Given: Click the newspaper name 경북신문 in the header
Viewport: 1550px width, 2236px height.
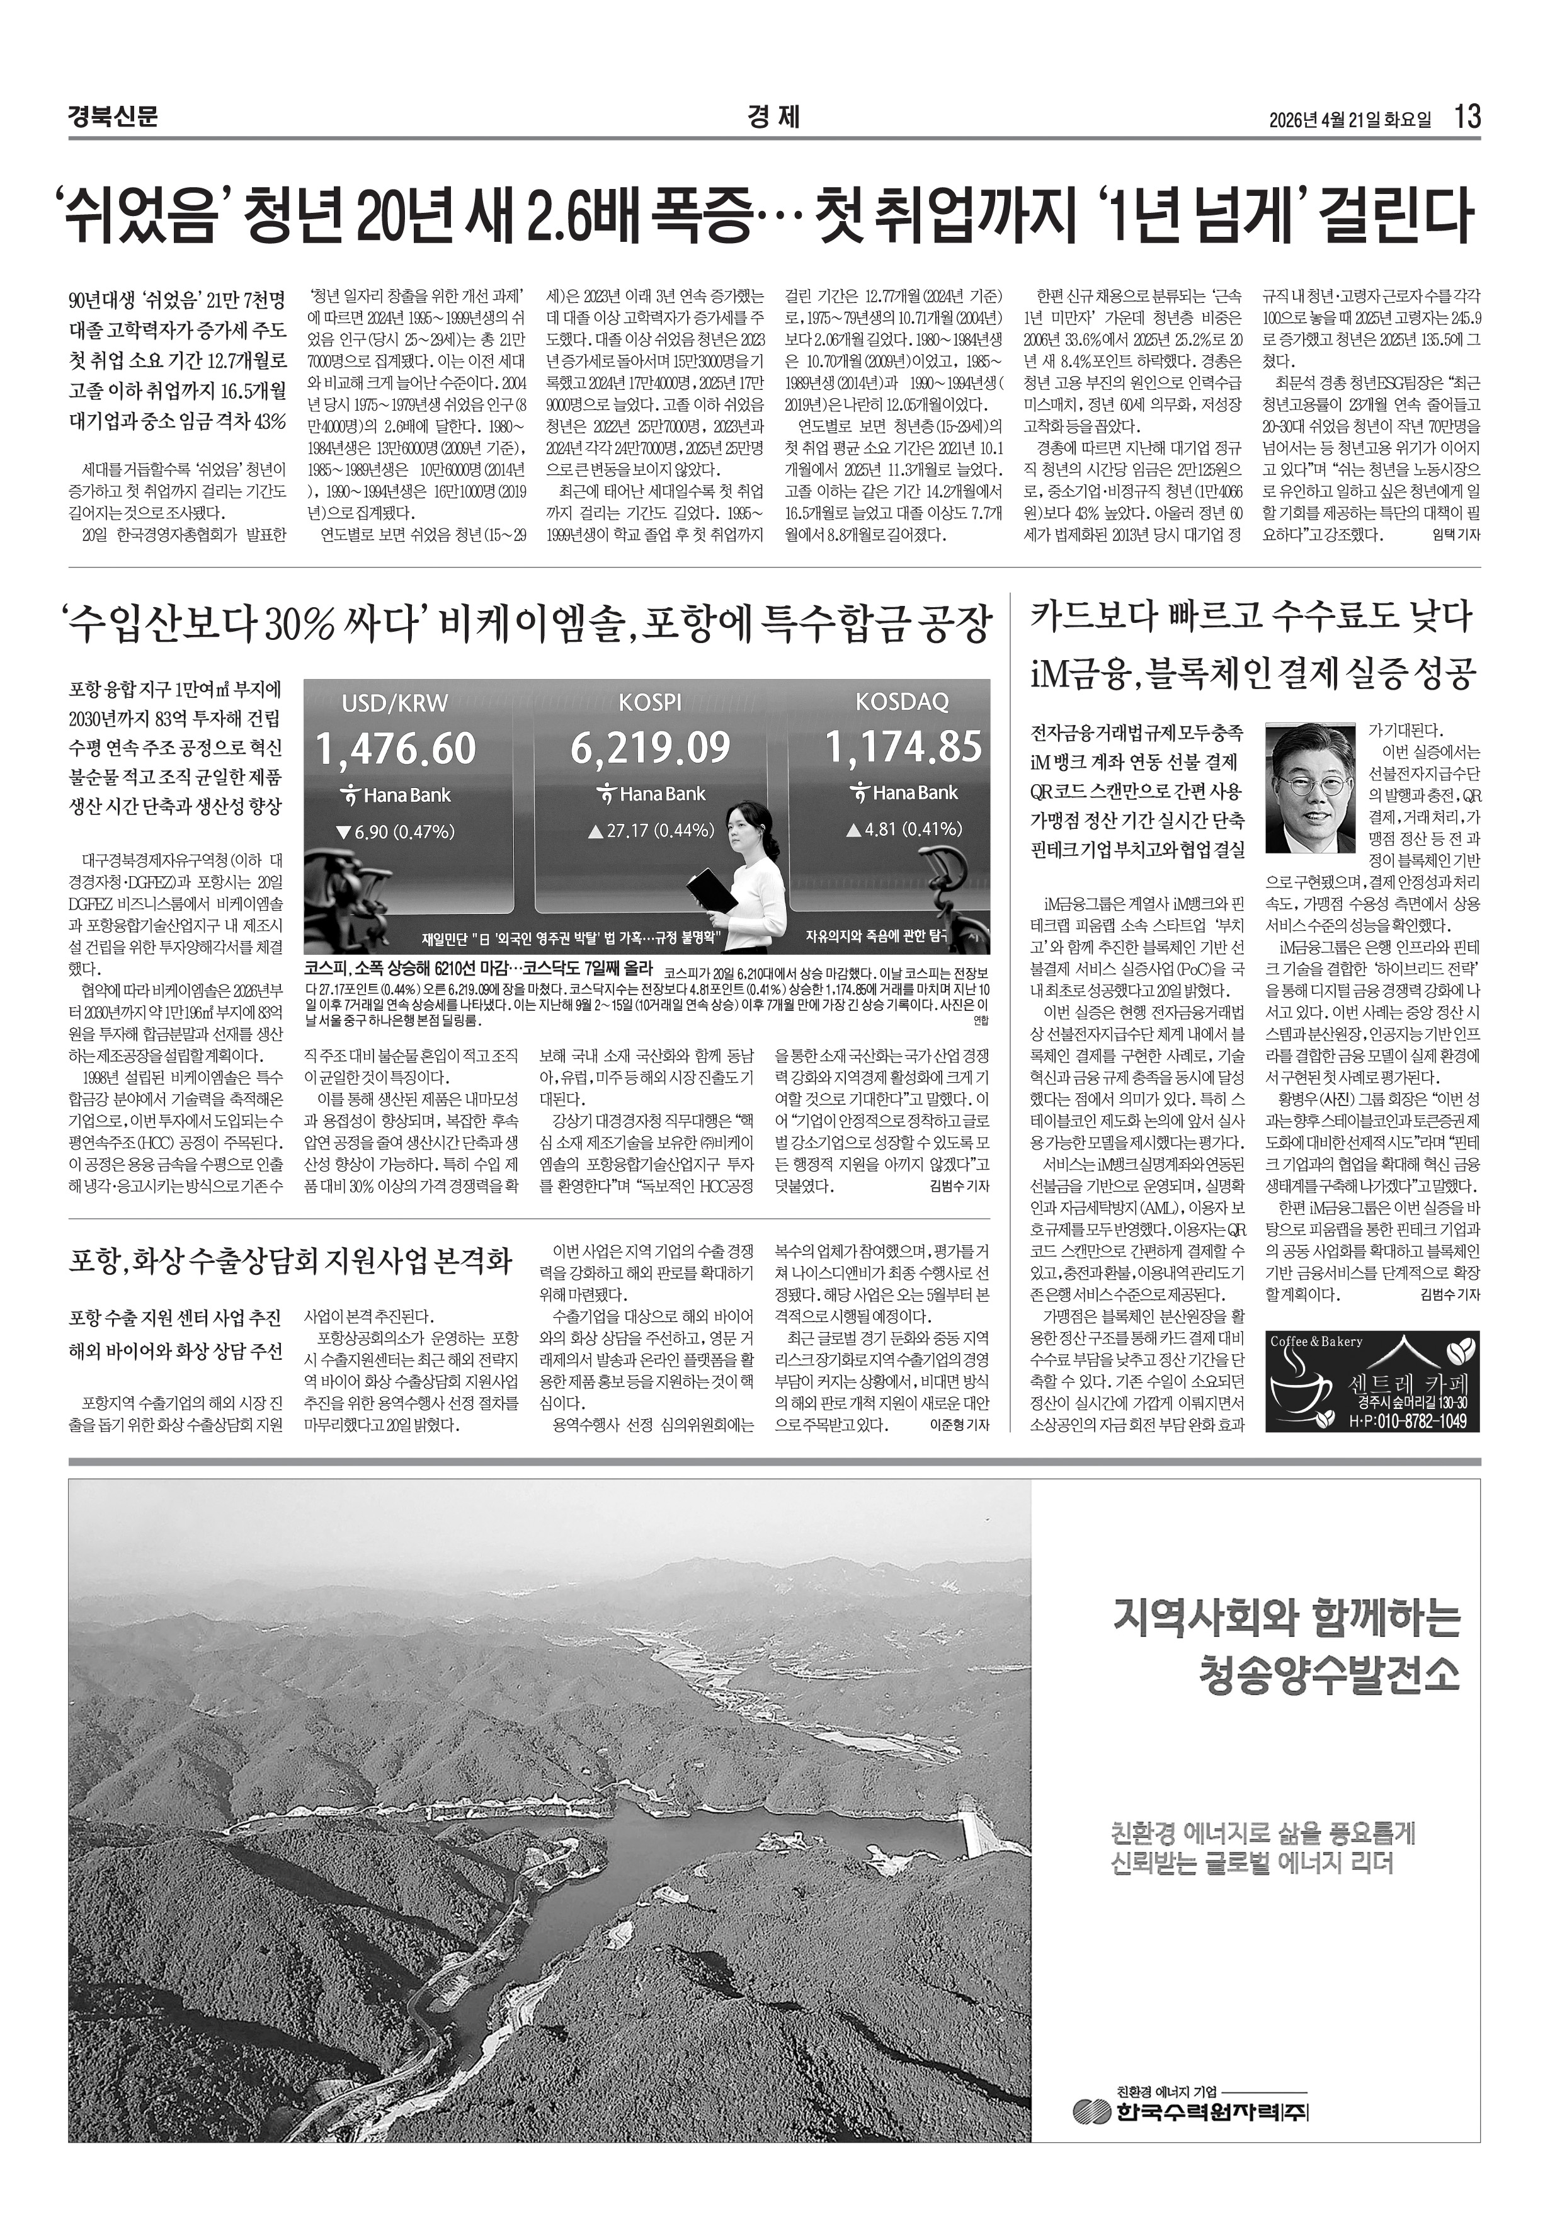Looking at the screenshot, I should point(113,118).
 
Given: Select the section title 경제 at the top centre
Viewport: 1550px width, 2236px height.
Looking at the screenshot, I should point(774,118).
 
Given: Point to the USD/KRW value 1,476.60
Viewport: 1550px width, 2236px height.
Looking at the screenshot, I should point(396,748).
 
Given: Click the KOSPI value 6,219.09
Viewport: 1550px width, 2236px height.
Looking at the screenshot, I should point(650,747).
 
